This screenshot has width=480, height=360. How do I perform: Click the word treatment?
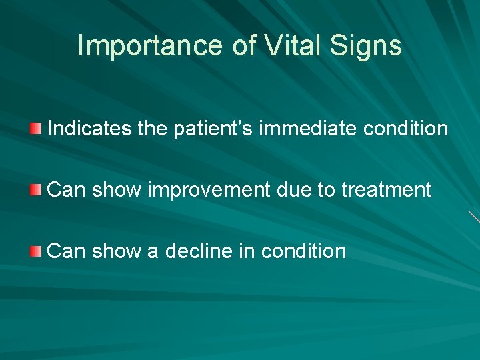coord(387,190)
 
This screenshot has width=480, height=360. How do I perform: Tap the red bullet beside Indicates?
coord(37,128)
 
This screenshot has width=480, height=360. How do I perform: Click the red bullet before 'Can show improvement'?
coord(37,190)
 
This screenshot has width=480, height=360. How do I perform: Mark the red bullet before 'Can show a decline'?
coord(37,251)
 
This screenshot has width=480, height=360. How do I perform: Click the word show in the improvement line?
coord(117,190)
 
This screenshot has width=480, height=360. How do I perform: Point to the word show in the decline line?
coord(117,251)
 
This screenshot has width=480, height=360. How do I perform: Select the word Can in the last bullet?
coord(66,251)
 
